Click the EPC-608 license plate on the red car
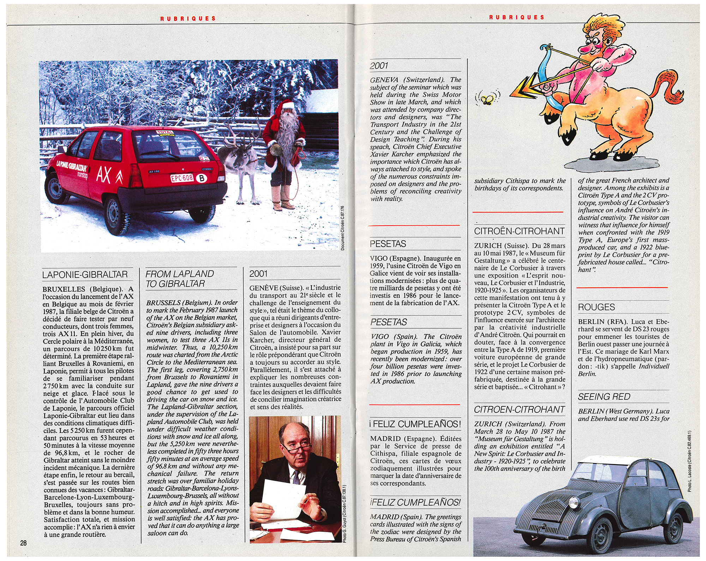coord(182,178)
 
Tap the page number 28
coord(23,543)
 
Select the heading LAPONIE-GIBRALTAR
coord(85,275)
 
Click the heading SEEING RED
coord(604,397)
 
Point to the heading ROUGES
coord(596,307)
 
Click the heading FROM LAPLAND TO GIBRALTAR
coord(179,279)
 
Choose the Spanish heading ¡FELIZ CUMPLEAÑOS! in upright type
coord(415,424)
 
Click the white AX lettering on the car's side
coord(104,175)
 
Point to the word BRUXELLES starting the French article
coord(64,289)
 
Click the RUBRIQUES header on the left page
coord(188,18)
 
